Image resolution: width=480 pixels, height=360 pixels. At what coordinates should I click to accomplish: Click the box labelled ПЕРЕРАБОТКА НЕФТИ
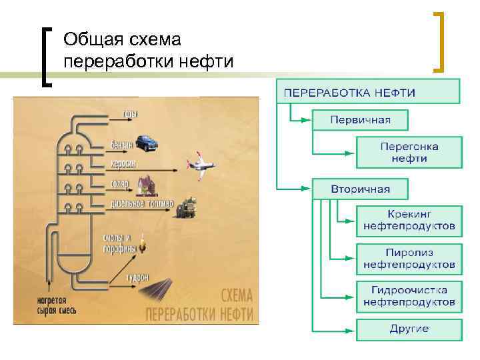point(368,91)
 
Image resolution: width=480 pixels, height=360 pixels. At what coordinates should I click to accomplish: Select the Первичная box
point(361,120)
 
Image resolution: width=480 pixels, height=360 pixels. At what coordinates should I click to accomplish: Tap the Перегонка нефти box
point(409,152)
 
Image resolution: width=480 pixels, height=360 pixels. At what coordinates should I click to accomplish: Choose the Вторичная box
point(361,189)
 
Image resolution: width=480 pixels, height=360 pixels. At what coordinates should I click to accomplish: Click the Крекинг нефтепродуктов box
point(409,221)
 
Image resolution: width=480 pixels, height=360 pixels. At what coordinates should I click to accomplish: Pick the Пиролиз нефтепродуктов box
point(409,259)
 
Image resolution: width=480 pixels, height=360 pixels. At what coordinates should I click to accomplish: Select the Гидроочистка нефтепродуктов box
point(409,296)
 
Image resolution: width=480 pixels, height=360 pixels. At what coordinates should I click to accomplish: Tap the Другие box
point(409,329)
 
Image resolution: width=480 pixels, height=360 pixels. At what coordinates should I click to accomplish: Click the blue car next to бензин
point(146,142)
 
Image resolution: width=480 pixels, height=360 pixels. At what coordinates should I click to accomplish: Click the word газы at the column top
point(131,115)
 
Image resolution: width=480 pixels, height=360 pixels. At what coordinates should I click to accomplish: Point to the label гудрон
point(137,277)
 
